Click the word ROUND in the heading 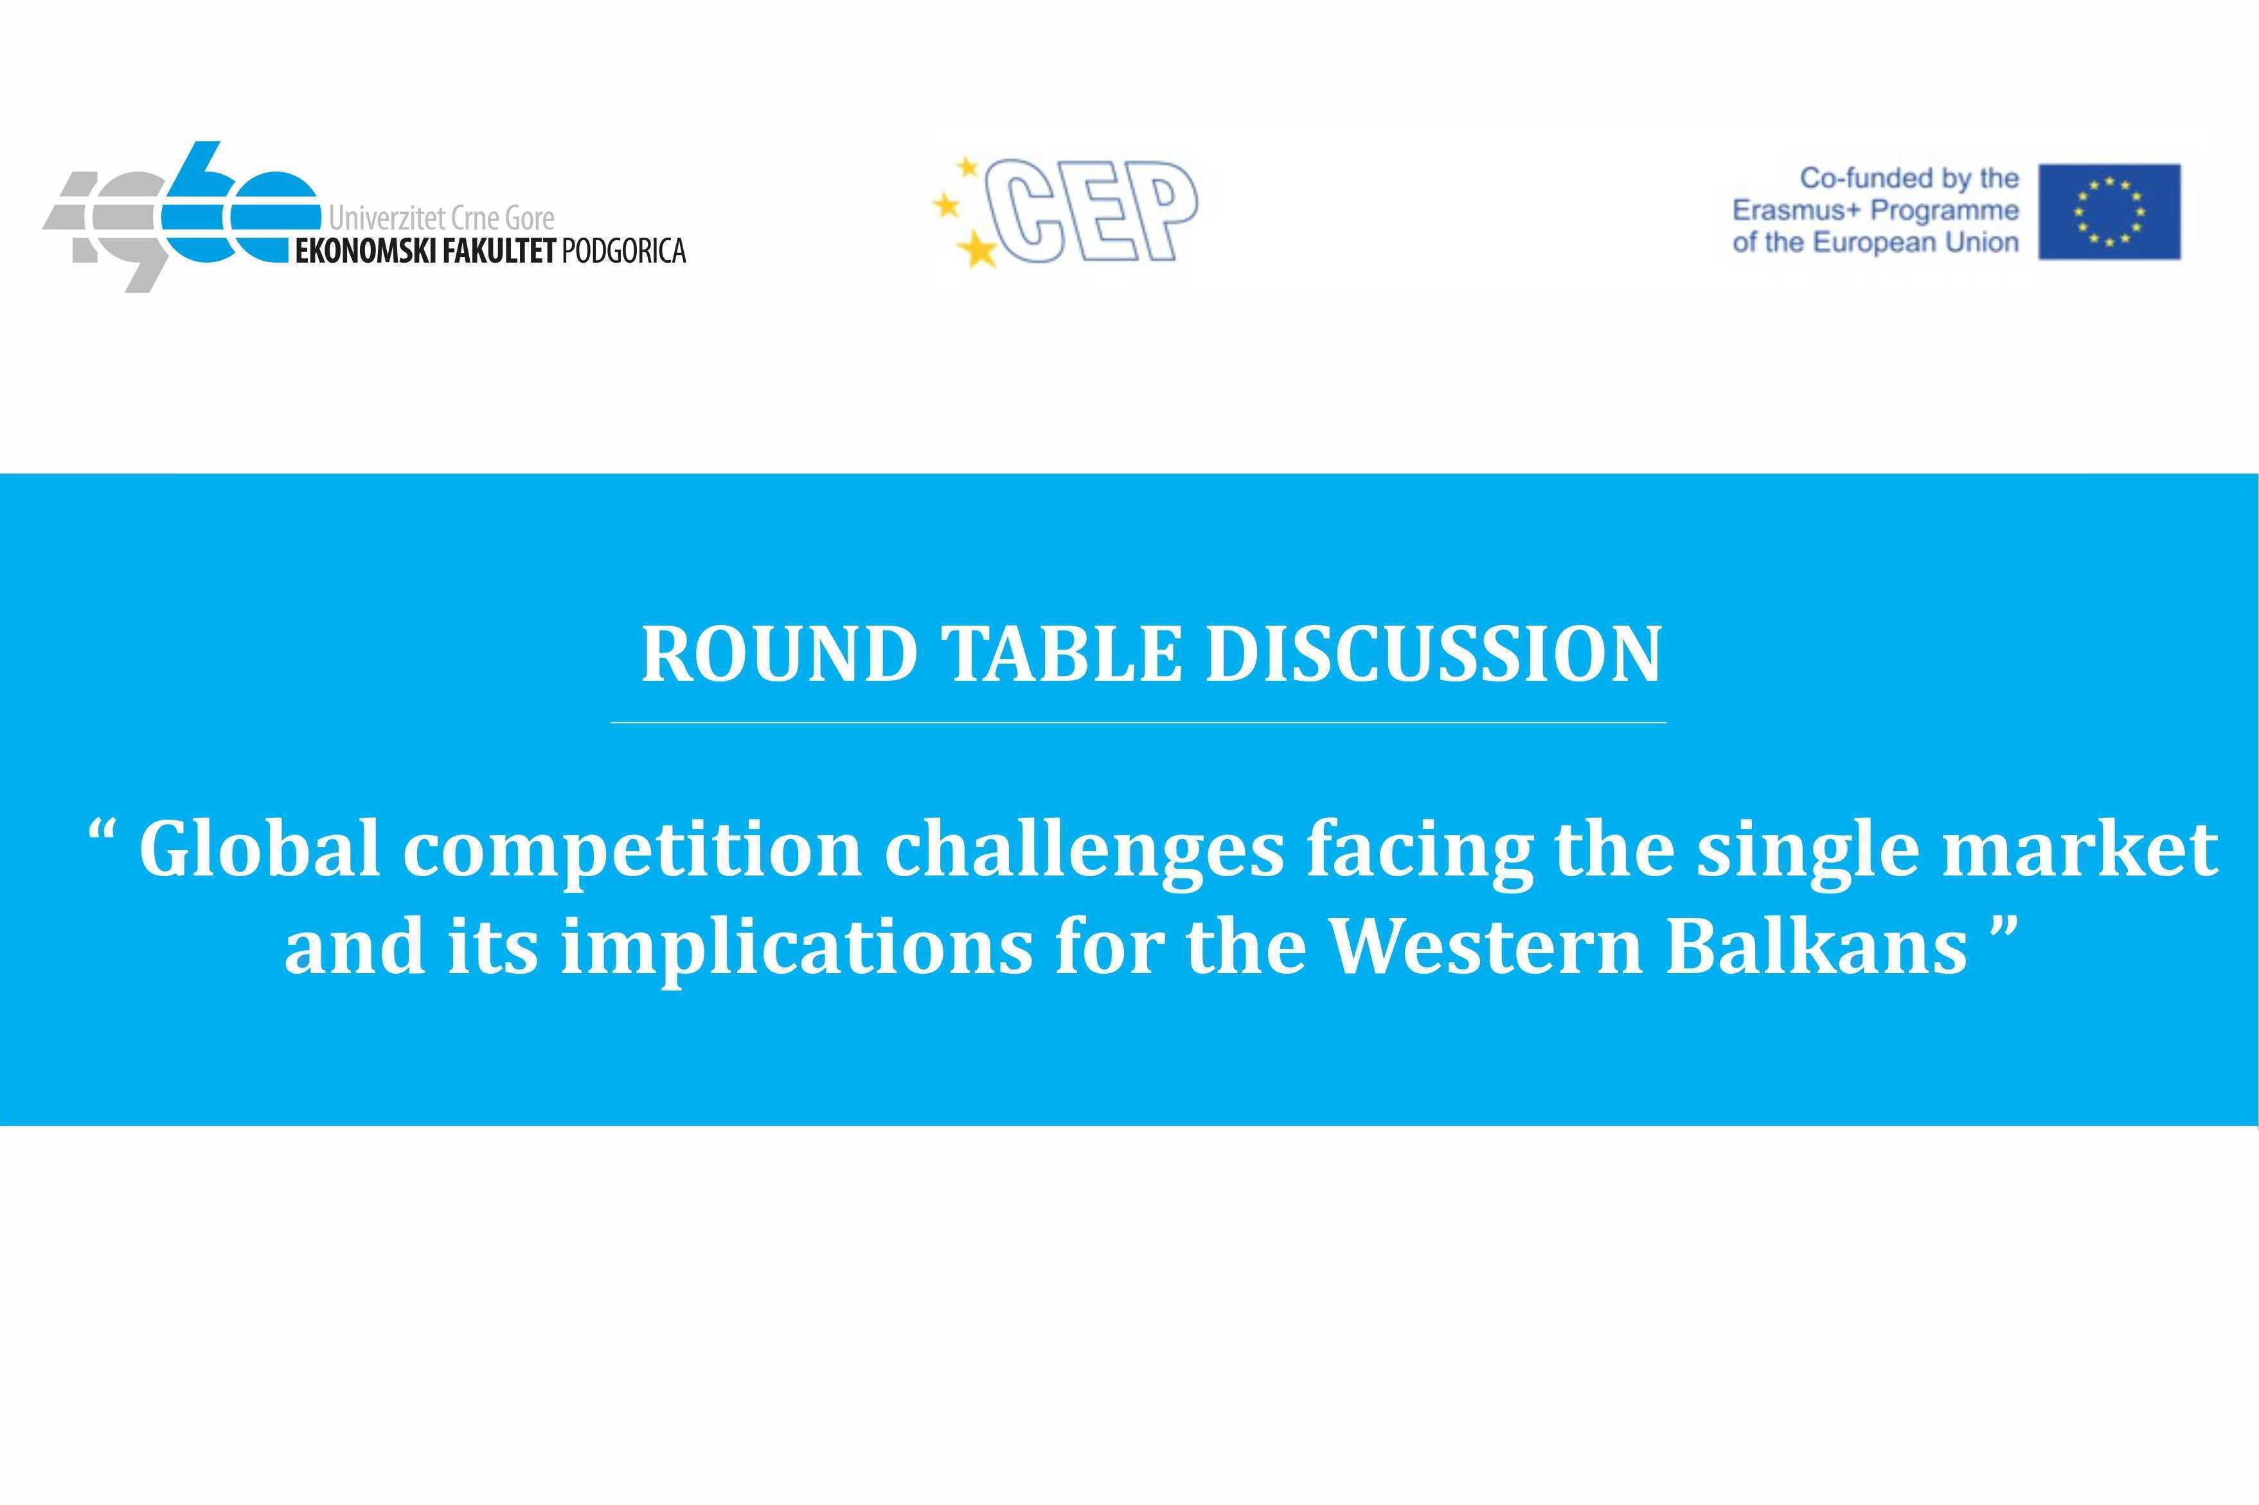pyautogui.click(x=779, y=654)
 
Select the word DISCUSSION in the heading pyautogui.click(x=1433, y=654)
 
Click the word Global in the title pyautogui.click(x=259, y=849)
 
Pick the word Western pyautogui.click(x=1486, y=946)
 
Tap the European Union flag pyautogui.click(x=2109, y=211)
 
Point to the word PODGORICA pyautogui.click(x=623, y=251)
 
